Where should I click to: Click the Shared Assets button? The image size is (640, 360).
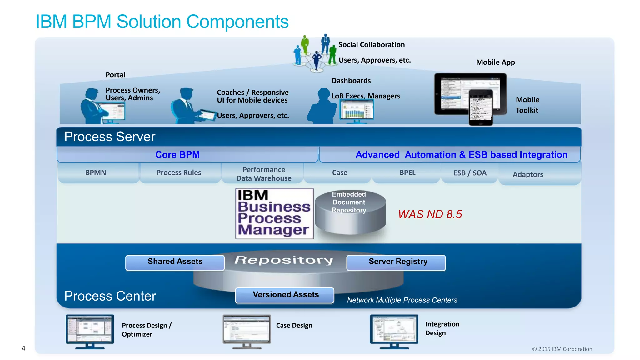tap(175, 262)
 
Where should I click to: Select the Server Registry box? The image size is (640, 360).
tap(396, 262)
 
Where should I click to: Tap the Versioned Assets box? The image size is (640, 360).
tap(285, 295)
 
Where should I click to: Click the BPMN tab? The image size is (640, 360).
tap(96, 172)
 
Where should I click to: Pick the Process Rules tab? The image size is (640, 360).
tap(179, 172)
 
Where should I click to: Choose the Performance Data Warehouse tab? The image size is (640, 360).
tap(264, 174)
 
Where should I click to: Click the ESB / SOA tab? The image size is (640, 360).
tap(470, 173)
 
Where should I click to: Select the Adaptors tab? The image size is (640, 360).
tap(528, 174)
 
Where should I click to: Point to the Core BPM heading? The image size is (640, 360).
tap(177, 155)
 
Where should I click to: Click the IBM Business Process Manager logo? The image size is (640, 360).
tap(274, 213)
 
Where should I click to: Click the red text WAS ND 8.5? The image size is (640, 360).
tap(430, 214)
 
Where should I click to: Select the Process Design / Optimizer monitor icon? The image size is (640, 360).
tap(90, 331)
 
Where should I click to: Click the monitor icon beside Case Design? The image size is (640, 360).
tap(247, 331)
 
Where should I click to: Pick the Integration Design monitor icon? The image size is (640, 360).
tap(394, 331)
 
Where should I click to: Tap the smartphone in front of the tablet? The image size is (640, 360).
tap(481, 107)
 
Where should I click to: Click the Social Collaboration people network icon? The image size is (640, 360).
tap(316, 53)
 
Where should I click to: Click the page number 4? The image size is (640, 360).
tap(23, 348)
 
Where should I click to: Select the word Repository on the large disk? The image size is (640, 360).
tap(284, 260)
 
